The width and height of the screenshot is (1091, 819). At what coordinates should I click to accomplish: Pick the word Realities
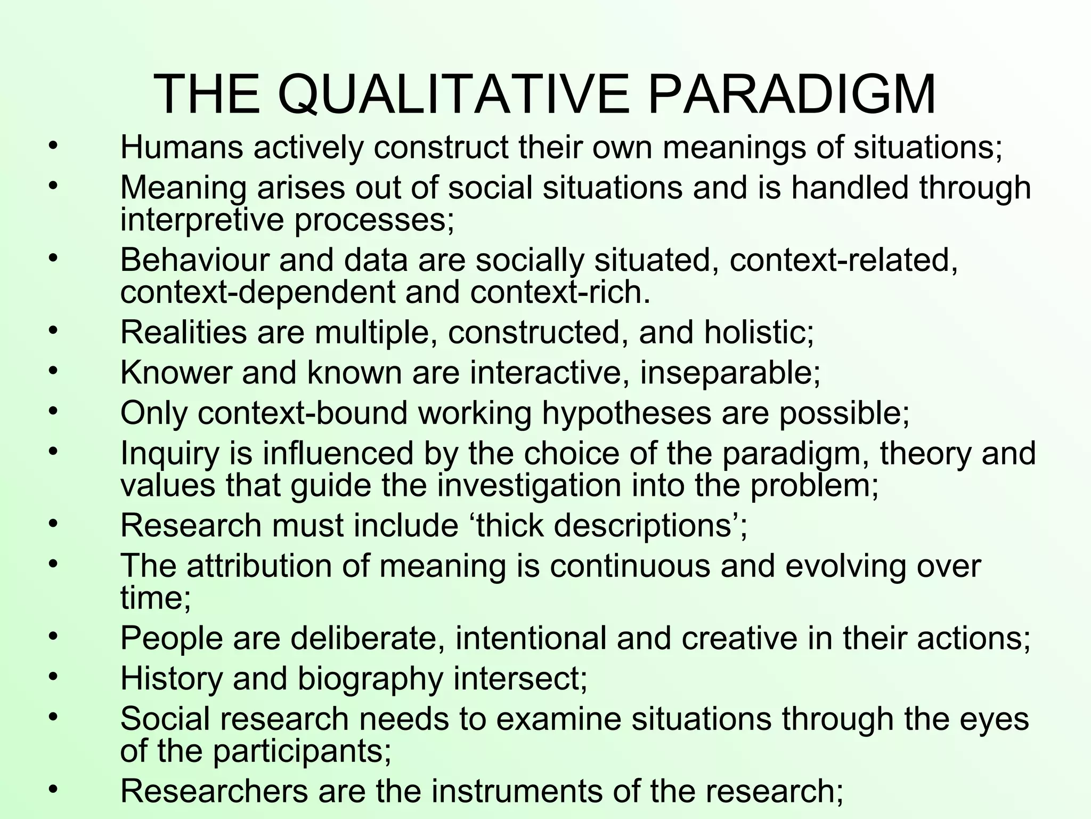point(183,332)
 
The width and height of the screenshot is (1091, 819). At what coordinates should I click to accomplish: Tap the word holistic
point(759,332)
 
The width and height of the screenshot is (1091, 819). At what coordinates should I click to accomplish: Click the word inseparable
point(730,373)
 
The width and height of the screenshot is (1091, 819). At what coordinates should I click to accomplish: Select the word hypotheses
point(626,413)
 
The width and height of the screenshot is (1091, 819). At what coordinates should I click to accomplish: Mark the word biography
point(370,679)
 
